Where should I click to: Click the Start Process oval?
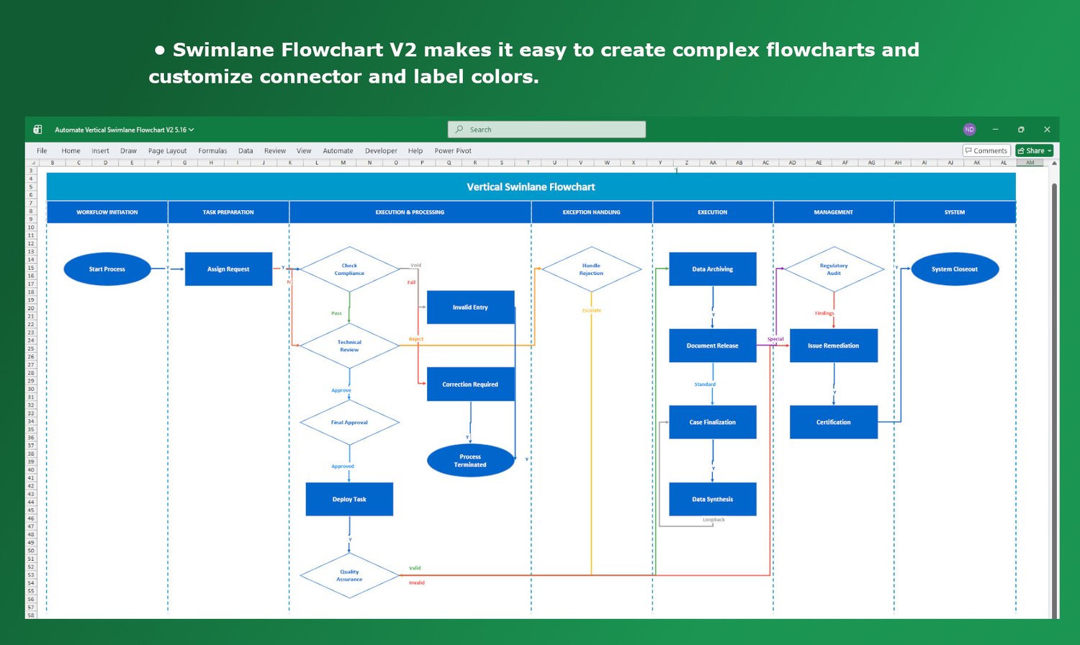tap(107, 269)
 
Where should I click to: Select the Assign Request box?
tap(228, 269)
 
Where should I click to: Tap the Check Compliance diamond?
tap(349, 269)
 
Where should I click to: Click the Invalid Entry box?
tap(470, 307)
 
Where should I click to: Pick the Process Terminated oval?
tap(470, 461)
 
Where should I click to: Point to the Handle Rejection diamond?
tap(591, 269)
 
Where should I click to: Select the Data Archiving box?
tap(712, 269)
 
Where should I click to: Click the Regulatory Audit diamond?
tap(834, 269)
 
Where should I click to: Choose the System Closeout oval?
tap(955, 269)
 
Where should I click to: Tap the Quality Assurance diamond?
tap(349, 575)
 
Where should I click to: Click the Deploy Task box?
tap(349, 499)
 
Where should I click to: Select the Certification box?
tap(833, 422)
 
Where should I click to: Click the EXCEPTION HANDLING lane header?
tap(591, 212)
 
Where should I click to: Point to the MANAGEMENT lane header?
tap(833, 212)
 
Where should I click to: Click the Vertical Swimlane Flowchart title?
tap(531, 187)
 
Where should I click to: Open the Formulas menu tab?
tap(212, 151)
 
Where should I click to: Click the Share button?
tap(1035, 150)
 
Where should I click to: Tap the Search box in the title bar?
tap(546, 130)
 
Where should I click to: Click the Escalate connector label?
tap(592, 311)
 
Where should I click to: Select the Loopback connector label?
tap(714, 520)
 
